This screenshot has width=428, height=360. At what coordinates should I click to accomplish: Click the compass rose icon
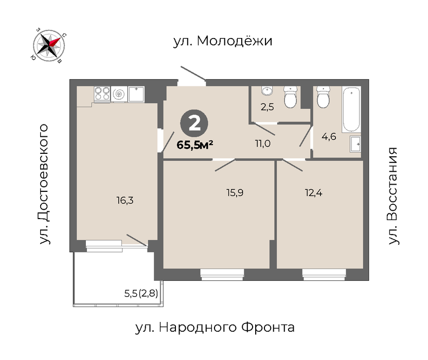[x=49, y=45]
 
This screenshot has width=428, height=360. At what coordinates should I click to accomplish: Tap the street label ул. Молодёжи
[x=223, y=41]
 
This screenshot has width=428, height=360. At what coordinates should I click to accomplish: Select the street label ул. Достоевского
[x=44, y=184]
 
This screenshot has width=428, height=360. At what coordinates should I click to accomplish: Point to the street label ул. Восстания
[x=393, y=196]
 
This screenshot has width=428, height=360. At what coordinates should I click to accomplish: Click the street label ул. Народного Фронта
[x=215, y=327]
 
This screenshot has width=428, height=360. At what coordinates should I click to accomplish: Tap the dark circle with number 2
[x=194, y=123]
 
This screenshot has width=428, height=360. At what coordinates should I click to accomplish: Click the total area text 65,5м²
[x=194, y=145]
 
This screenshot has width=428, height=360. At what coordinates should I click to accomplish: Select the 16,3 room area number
[x=125, y=201]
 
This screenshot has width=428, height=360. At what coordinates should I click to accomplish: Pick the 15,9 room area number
[x=235, y=193]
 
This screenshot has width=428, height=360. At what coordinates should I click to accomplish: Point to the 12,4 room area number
[x=313, y=193]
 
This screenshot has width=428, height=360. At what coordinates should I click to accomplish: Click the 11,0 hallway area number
[x=263, y=143]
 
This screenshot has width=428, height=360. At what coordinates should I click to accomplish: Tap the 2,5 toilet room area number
[x=267, y=107]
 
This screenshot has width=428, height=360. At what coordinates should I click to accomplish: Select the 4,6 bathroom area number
[x=329, y=136]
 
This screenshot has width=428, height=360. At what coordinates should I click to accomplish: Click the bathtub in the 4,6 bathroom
[x=351, y=109]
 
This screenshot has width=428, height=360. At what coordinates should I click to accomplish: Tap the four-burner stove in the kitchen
[x=102, y=94]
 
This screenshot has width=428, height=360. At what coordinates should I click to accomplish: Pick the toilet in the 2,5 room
[x=291, y=97]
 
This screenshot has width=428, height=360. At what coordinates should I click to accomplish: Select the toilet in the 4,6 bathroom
[x=323, y=97]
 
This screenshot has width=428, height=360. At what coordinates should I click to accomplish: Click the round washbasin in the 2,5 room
[x=267, y=91]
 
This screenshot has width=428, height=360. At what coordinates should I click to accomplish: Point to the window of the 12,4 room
[x=324, y=275]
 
